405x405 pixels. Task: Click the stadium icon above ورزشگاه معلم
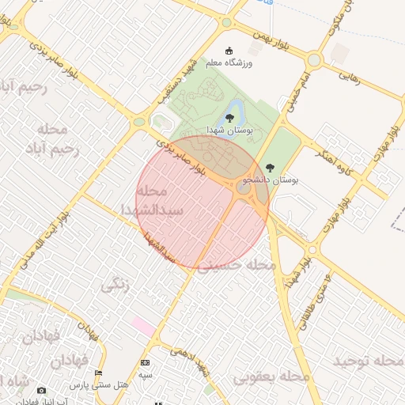tap(230, 50)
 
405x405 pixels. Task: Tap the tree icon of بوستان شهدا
tap(229, 118)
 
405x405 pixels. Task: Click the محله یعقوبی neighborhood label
tap(271, 377)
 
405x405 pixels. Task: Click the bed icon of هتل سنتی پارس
tap(98, 373)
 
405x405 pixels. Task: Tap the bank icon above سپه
tap(145, 362)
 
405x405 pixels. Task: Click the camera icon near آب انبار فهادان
tap(41, 390)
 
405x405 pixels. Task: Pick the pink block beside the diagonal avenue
tap(144, 325)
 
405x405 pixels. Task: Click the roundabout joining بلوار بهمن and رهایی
tap(314, 59)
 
